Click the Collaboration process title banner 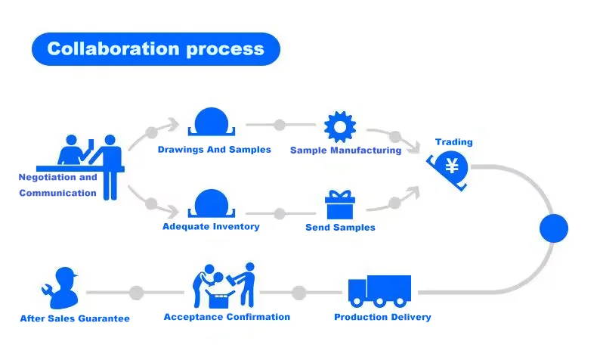(x=155, y=49)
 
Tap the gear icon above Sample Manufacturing (x=339, y=126)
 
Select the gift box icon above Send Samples (x=339, y=205)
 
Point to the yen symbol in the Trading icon (x=453, y=166)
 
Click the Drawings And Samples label (x=214, y=150)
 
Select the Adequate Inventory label (x=211, y=226)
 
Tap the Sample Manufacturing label (x=345, y=151)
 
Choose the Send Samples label (x=340, y=227)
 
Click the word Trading (x=453, y=142)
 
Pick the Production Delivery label (x=382, y=317)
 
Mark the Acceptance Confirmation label (x=227, y=317)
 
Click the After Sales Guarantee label (x=75, y=318)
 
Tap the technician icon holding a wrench (x=60, y=286)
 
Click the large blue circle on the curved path (x=553, y=228)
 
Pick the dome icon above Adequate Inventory (x=212, y=203)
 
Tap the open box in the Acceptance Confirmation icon (x=222, y=292)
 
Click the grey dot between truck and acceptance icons (x=299, y=292)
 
